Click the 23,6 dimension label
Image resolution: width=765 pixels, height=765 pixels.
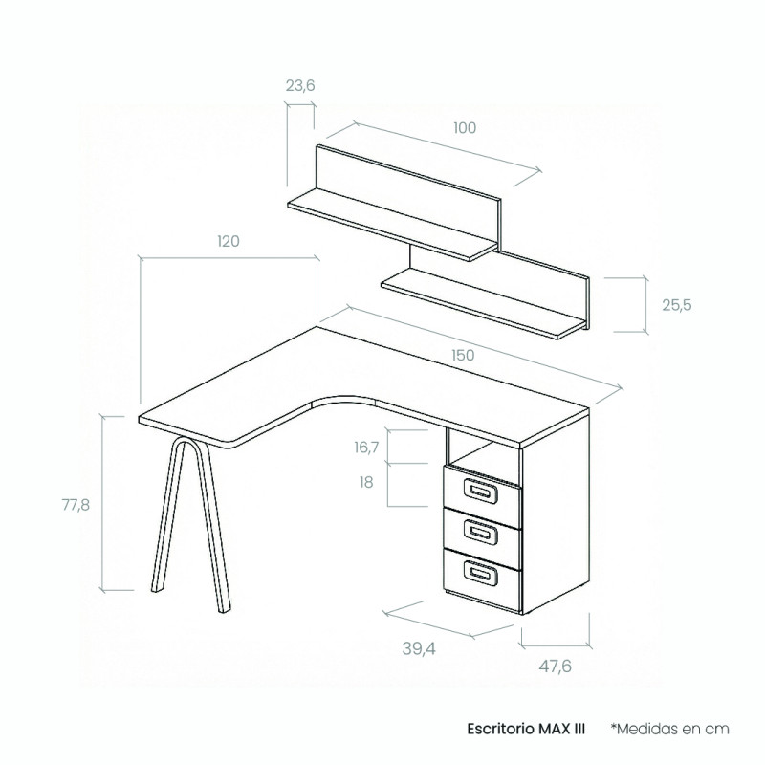click(x=300, y=86)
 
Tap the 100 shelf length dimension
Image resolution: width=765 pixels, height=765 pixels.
click(x=465, y=128)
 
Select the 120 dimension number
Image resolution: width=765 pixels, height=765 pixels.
click(x=229, y=241)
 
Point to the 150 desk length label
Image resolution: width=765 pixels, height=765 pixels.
click(x=463, y=355)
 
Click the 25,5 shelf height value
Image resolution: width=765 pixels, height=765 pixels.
click(x=677, y=305)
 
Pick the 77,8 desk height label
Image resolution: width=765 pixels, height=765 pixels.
click(x=76, y=505)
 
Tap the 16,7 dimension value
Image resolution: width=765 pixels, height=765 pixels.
click(x=366, y=447)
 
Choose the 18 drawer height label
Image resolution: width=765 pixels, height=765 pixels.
click(x=366, y=482)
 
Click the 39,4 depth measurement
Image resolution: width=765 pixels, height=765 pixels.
click(x=419, y=648)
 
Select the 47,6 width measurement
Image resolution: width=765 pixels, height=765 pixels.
click(x=555, y=666)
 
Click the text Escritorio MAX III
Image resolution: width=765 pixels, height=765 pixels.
click(x=526, y=729)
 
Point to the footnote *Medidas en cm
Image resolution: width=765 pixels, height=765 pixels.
click(x=670, y=729)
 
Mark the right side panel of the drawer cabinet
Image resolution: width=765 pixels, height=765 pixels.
click(x=556, y=513)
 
